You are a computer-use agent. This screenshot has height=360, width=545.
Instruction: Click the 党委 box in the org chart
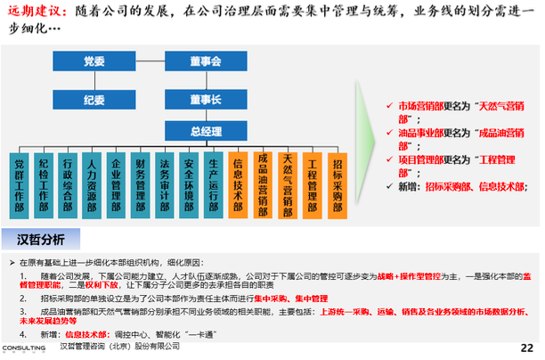(94, 61)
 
